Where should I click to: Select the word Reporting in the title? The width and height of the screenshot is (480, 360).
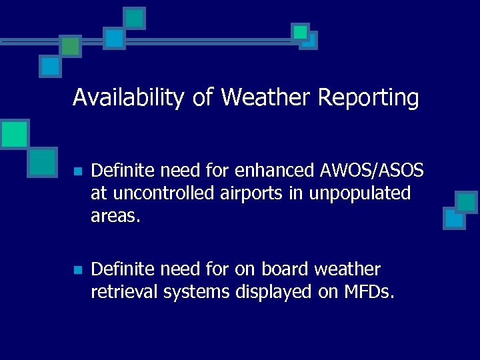click(x=368, y=98)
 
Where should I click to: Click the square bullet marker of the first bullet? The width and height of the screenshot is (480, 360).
click(x=77, y=172)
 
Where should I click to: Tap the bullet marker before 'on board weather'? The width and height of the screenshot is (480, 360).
click(x=77, y=270)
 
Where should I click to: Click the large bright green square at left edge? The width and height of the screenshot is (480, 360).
click(x=13, y=134)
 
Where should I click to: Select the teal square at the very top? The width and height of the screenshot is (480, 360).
click(x=135, y=17)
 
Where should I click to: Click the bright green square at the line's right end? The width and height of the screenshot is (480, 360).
click(x=301, y=31)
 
